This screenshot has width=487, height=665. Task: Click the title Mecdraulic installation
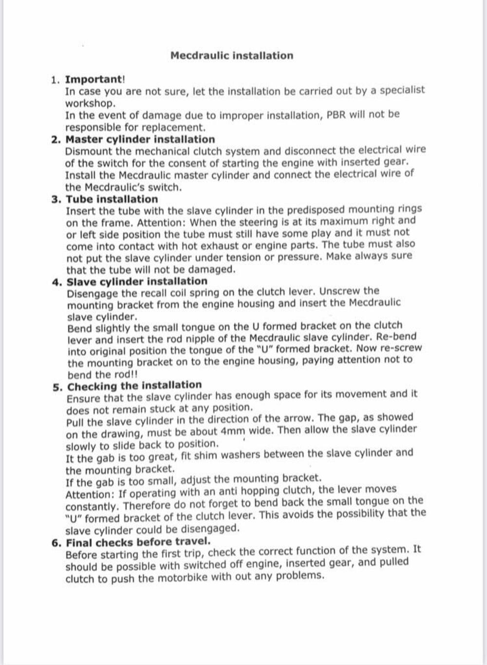click(232, 56)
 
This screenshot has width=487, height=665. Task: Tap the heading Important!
click(95, 79)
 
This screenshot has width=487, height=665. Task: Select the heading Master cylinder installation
click(140, 139)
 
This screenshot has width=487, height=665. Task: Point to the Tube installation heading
click(112, 199)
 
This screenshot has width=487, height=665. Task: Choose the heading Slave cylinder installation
click(137, 282)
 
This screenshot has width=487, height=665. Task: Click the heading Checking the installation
click(134, 386)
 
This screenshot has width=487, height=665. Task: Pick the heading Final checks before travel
click(138, 542)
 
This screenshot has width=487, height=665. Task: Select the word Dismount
click(88, 152)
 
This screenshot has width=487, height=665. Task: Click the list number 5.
click(57, 387)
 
